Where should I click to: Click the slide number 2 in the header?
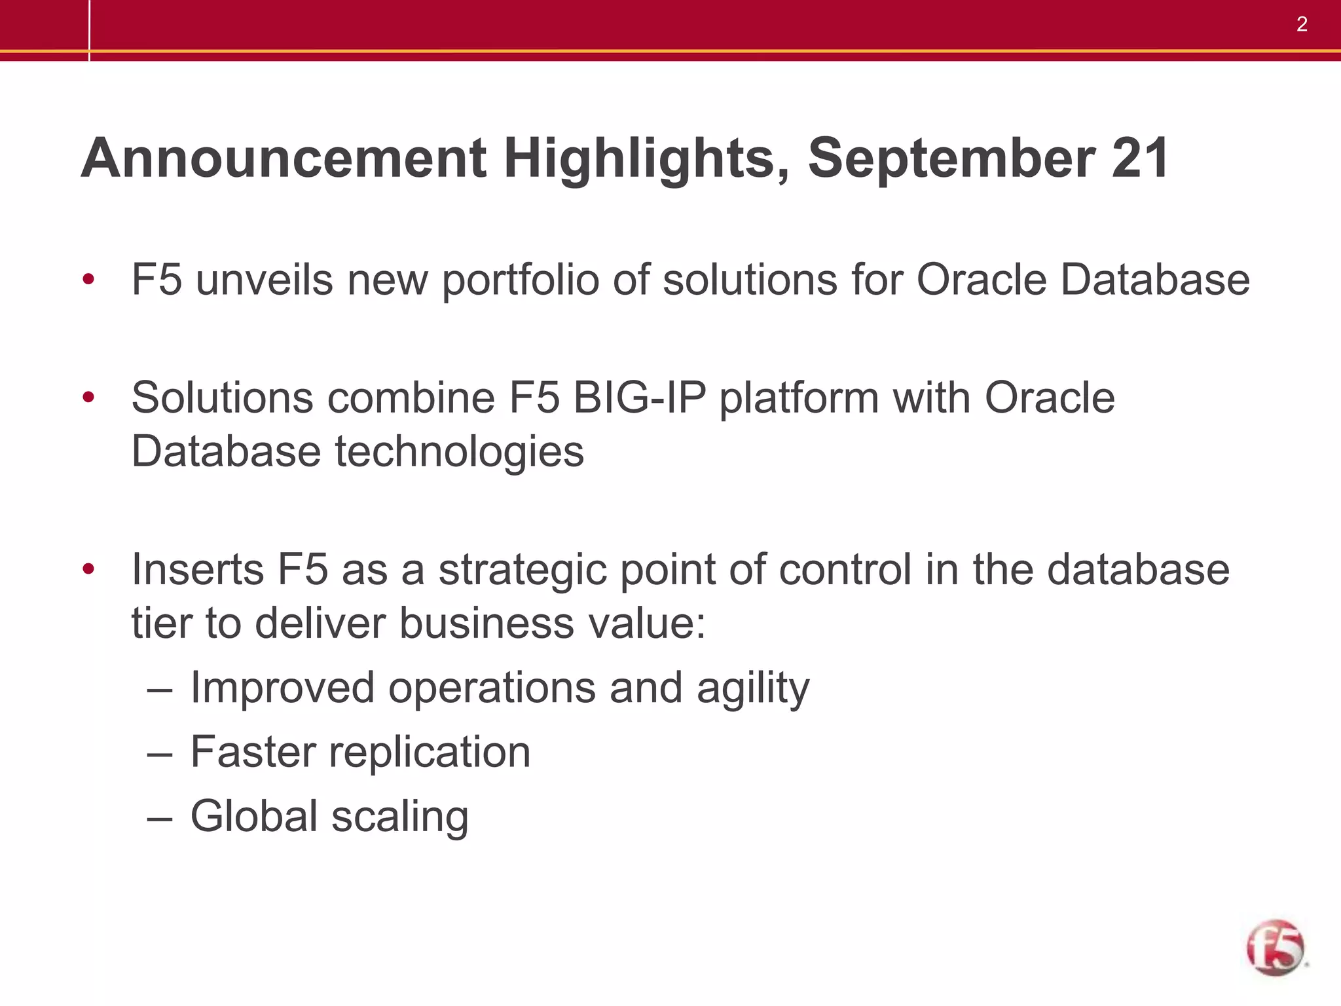(x=1302, y=25)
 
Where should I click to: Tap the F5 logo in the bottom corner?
(x=1275, y=947)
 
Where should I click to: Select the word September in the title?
(x=951, y=159)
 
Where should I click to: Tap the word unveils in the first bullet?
(x=264, y=280)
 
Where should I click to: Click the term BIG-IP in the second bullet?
(x=639, y=398)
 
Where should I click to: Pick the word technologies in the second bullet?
(x=459, y=453)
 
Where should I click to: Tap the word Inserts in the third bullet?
(x=198, y=569)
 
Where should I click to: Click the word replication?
(x=429, y=753)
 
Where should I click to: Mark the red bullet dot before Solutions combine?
(x=88, y=397)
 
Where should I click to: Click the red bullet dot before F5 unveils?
(x=88, y=280)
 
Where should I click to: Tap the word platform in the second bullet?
(x=798, y=400)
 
